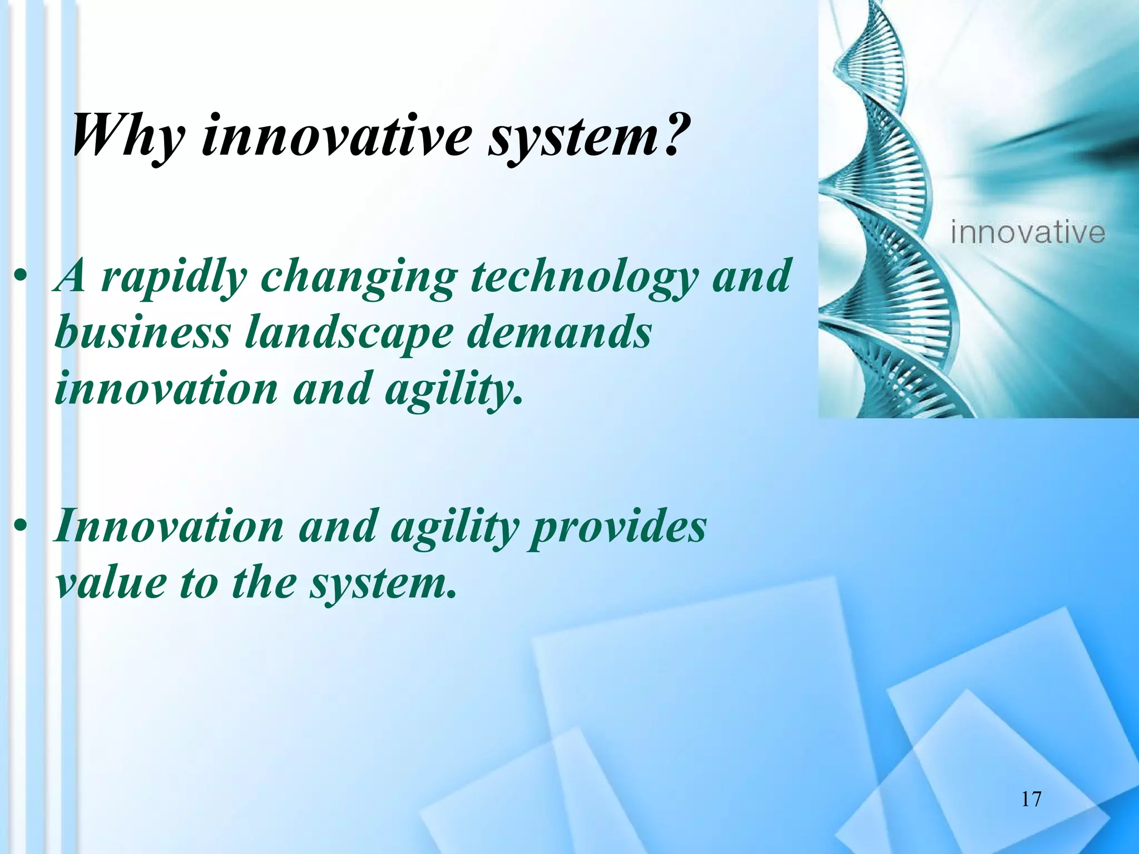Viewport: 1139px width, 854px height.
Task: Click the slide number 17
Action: pos(1031,799)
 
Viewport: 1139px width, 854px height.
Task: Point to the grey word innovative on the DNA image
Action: pos(1028,232)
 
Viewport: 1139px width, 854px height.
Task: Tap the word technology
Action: pos(583,276)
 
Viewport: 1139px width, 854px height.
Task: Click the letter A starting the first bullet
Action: pos(71,276)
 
